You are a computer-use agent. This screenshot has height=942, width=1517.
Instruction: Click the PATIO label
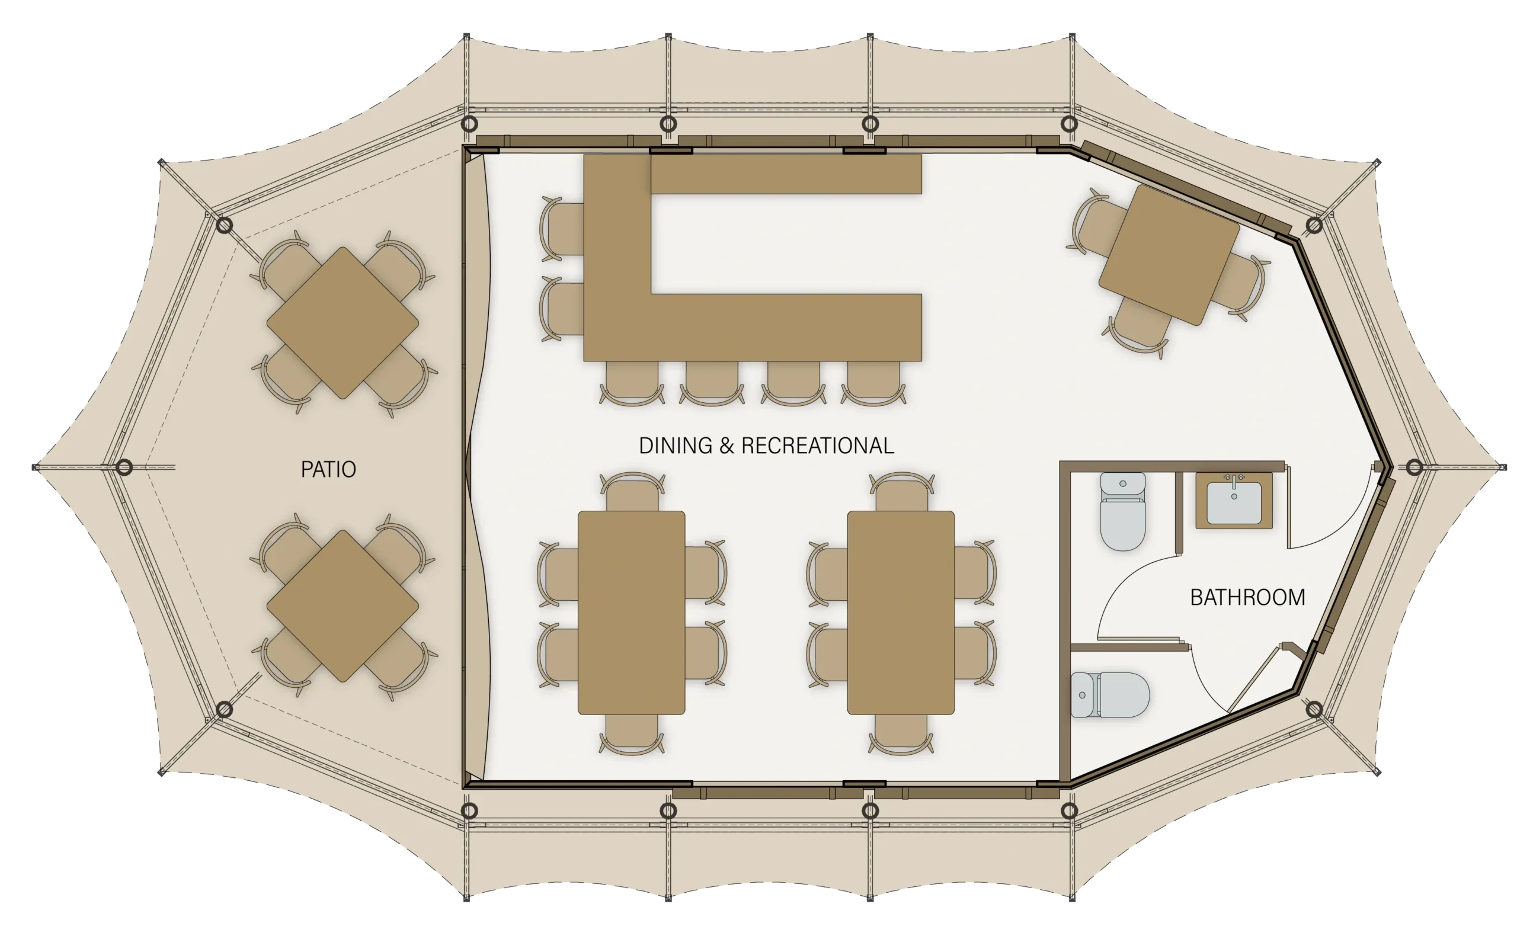[x=328, y=469]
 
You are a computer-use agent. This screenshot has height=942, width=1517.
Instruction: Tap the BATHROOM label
[x=1247, y=597]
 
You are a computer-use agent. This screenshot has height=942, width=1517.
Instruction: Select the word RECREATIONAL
[x=817, y=446]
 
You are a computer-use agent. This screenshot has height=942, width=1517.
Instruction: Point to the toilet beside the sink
[x=1123, y=511]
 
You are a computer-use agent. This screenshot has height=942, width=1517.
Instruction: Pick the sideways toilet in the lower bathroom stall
[x=1109, y=695]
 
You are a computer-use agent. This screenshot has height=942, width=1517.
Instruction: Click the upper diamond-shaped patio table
[x=343, y=323]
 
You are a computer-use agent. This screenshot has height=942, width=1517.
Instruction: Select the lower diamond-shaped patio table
[x=343, y=606]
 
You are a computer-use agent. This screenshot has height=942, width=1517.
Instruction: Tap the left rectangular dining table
[x=631, y=613]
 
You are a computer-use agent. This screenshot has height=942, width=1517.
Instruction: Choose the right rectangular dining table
[x=901, y=613]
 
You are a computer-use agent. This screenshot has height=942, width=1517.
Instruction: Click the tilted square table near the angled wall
[x=1169, y=255]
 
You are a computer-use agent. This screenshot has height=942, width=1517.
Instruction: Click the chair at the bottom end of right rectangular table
[x=901, y=734]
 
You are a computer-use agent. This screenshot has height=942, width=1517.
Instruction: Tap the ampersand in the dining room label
[x=727, y=446]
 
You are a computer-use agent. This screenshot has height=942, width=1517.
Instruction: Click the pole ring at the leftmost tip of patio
[x=124, y=467]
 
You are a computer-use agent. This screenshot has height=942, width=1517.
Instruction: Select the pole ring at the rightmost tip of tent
[x=1414, y=467]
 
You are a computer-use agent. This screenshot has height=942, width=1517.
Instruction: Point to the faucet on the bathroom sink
[x=1234, y=480]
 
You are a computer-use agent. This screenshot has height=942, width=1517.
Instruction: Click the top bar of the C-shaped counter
[x=786, y=174]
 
